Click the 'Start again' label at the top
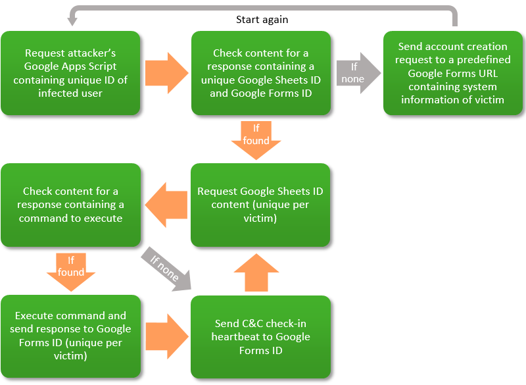click(262, 20)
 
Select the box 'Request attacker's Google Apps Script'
click(70, 73)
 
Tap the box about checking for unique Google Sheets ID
click(260, 73)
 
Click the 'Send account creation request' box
click(453, 73)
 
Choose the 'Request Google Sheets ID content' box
click(260, 205)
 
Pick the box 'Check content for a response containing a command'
click(70, 205)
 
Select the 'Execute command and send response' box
click(70, 336)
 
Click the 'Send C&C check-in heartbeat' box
click(260, 336)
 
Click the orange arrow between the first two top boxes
click(166, 73)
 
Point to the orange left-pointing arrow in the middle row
click(166, 205)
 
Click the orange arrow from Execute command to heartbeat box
click(166, 336)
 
